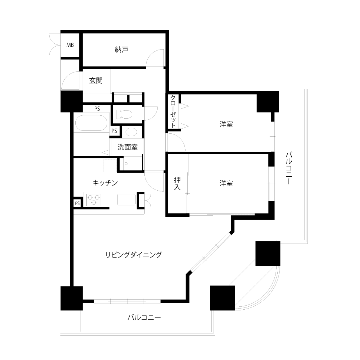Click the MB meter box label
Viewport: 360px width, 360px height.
tap(70, 45)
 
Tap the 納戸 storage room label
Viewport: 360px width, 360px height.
tap(121, 50)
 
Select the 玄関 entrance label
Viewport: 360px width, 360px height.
tap(96, 80)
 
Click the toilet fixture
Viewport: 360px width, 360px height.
tap(124, 114)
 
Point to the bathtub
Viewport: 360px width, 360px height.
tap(91, 123)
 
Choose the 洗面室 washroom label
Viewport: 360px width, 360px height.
tap(127, 147)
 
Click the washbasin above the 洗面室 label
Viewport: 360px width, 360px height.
tap(132, 132)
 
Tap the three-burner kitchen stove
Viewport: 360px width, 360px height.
tap(94, 200)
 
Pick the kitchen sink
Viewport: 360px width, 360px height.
tap(126, 199)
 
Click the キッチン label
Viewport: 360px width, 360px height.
tap(105, 183)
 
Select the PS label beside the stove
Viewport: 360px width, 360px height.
tap(78, 203)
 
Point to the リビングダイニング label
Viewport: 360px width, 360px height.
tap(133, 255)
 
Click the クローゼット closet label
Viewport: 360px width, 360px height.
tap(173, 111)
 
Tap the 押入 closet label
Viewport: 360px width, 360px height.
tap(177, 183)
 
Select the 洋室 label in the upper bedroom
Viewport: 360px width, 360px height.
tap(226, 124)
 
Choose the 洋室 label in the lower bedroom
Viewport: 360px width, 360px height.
tap(226, 183)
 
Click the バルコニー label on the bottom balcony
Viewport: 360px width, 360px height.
tap(144, 317)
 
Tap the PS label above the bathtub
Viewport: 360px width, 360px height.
tap(97, 109)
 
